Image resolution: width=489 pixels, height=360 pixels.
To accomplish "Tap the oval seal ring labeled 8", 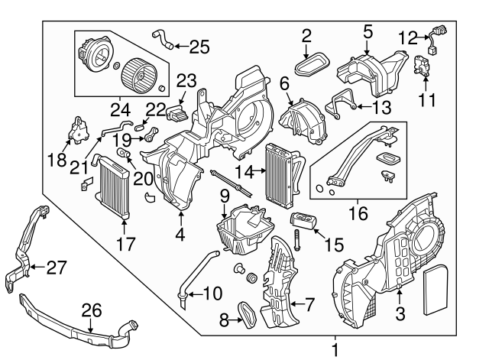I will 247,313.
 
